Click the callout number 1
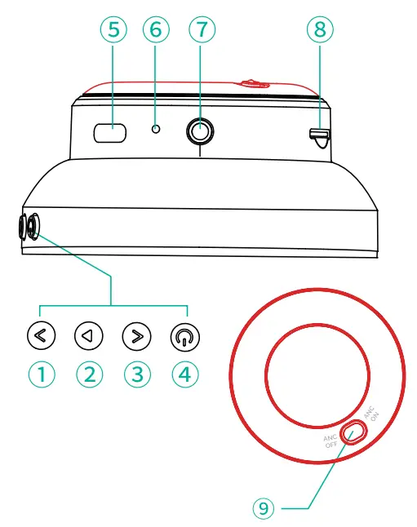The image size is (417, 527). [x=42, y=374]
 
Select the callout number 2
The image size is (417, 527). [x=90, y=374]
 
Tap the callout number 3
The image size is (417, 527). [x=137, y=374]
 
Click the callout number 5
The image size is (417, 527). [x=112, y=30]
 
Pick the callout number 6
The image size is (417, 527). [x=156, y=30]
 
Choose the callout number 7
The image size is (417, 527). [x=200, y=30]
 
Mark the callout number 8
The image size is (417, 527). [x=319, y=30]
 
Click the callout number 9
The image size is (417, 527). [x=260, y=507]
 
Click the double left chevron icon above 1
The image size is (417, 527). [x=42, y=334]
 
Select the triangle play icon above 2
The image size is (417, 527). [x=89, y=334]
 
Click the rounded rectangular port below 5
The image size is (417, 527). [x=109, y=132]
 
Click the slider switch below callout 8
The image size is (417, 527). [x=319, y=137]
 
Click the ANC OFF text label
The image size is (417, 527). [x=330, y=441]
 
